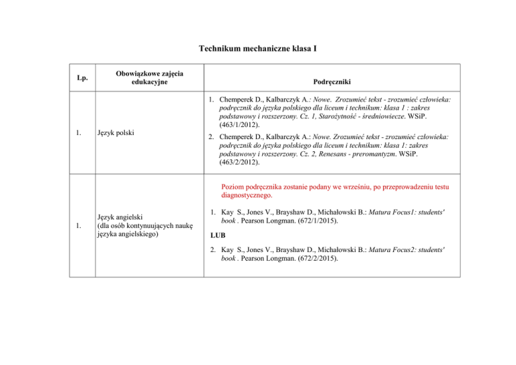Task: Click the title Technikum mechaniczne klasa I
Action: pos(258,48)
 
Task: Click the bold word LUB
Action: pos(218,237)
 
